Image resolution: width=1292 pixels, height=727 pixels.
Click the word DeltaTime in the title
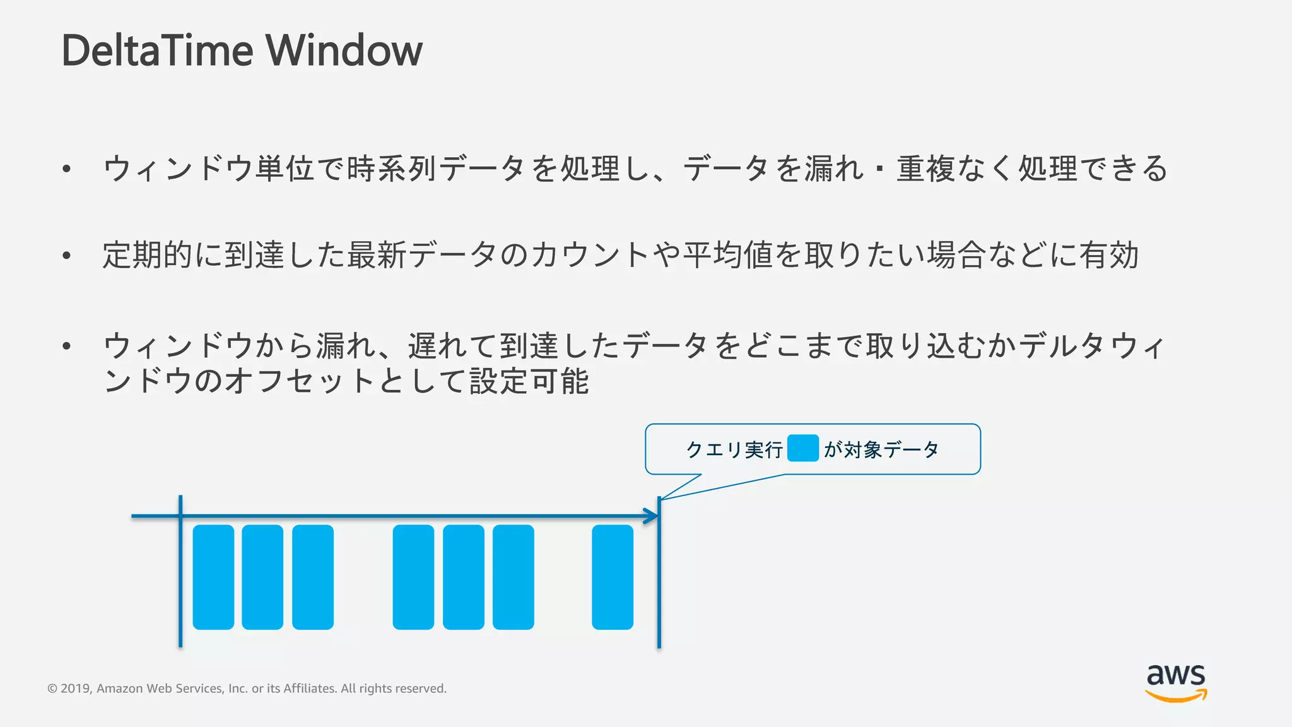pyautogui.click(x=158, y=50)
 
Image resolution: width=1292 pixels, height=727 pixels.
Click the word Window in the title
pyautogui.click(x=344, y=50)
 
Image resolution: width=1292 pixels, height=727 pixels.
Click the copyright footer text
pyautogui.click(x=247, y=689)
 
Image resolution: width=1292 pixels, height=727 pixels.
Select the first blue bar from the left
pyautogui.click(x=213, y=577)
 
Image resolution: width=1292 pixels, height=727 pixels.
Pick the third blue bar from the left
pyautogui.click(x=313, y=577)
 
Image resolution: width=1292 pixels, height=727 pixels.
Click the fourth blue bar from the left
pyautogui.click(x=413, y=577)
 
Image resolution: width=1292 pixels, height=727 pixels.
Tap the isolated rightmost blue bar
pyautogui.click(x=613, y=577)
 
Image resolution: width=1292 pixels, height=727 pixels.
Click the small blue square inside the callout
pyautogui.click(x=803, y=448)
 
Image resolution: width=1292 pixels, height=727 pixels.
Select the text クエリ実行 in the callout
pyautogui.click(x=734, y=450)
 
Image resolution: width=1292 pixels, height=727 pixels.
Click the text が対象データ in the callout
pyautogui.click(x=881, y=450)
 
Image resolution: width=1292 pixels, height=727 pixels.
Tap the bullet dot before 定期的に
pyautogui.click(x=66, y=256)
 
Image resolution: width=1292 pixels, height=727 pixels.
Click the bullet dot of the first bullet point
pyautogui.click(x=66, y=168)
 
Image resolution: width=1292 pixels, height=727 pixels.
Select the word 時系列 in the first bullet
pyautogui.click(x=392, y=168)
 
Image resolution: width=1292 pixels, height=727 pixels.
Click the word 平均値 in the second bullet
pyautogui.click(x=728, y=256)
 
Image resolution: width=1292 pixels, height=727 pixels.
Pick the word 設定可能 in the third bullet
pyautogui.click(x=529, y=381)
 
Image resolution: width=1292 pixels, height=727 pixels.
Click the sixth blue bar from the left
pyautogui.click(x=514, y=577)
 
